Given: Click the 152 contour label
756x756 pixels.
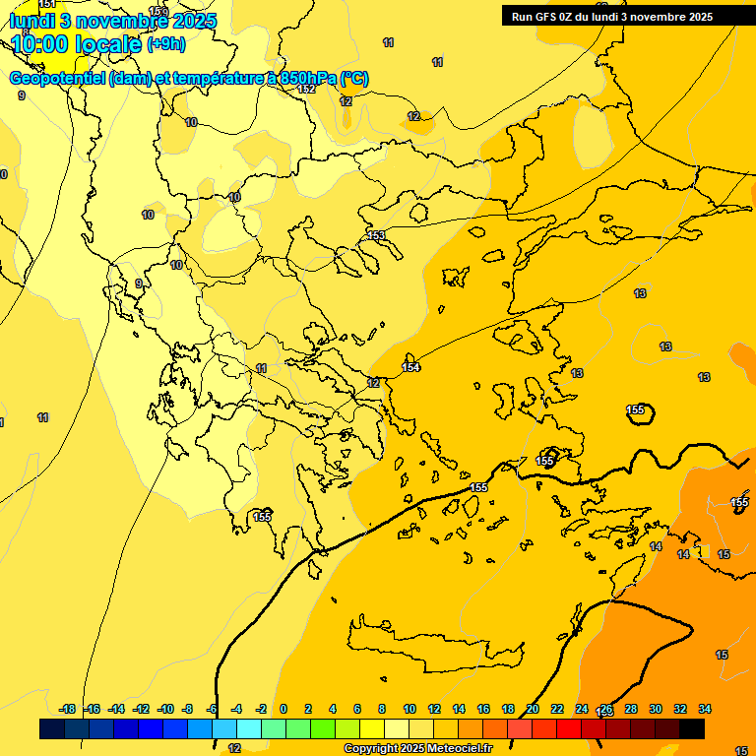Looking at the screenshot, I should click(306, 89).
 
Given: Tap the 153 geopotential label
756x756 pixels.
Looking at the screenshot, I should click(376, 235).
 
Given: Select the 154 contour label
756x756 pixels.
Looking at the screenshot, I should click(410, 367).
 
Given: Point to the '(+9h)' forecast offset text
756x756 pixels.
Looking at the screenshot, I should click(165, 44).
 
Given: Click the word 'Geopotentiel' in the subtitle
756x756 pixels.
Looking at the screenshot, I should click(58, 79).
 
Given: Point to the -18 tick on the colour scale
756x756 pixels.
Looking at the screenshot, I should click(68, 709).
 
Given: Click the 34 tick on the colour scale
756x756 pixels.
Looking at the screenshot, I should click(705, 709).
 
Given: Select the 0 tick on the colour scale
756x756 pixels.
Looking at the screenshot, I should click(283, 709).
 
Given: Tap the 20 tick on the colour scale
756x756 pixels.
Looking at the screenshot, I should click(533, 709).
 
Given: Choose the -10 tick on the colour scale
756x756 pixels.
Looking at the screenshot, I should click(165, 709).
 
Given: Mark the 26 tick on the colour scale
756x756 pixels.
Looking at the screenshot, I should click(606, 709).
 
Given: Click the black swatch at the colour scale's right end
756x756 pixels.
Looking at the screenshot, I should click(692, 728).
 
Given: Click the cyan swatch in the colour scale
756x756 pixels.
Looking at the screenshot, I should click(248, 728).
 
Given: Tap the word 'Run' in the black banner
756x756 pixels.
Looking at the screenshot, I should click(522, 17).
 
